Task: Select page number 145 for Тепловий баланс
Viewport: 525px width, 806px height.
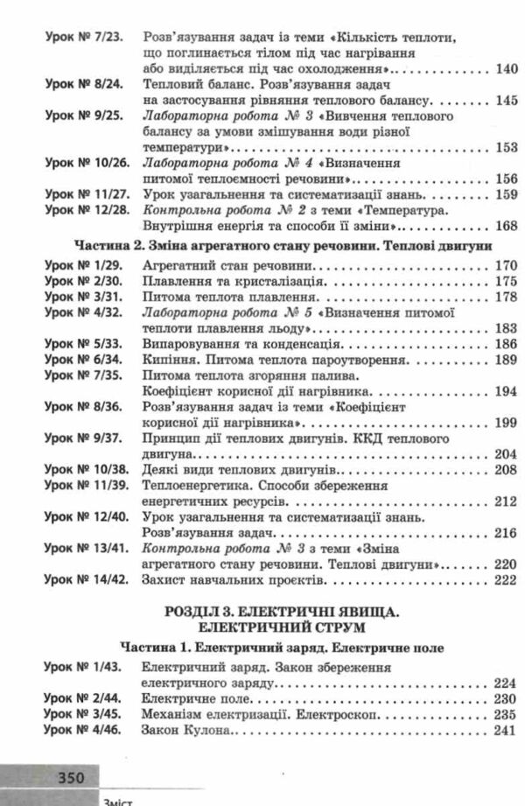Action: point(507,101)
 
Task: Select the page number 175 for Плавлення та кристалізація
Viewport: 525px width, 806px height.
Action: point(507,282)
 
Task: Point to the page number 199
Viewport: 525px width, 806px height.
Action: point(507,423)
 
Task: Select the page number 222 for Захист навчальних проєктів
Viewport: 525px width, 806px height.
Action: point(507,579)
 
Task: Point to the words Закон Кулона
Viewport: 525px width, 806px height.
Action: point(182,731)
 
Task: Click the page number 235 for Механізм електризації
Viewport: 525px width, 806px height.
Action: point(507,715)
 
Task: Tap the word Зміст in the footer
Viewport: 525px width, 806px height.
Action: point(117,799)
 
